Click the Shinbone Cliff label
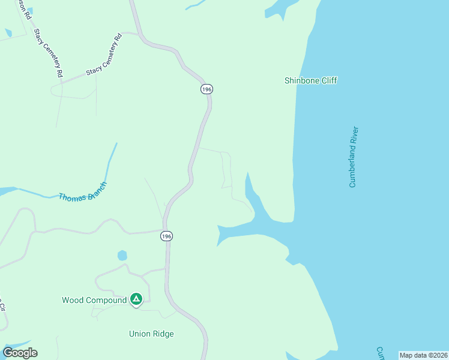310,80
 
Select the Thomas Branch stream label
83,192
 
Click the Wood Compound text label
94,300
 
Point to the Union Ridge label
151,334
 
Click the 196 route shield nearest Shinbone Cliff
206,89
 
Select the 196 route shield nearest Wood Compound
166,236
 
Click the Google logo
20,353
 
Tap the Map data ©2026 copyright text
423,355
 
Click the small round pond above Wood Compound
122,256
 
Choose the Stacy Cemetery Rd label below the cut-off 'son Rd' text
49,53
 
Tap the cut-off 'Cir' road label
2,305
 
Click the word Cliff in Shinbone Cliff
327,80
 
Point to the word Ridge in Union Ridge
163,334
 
